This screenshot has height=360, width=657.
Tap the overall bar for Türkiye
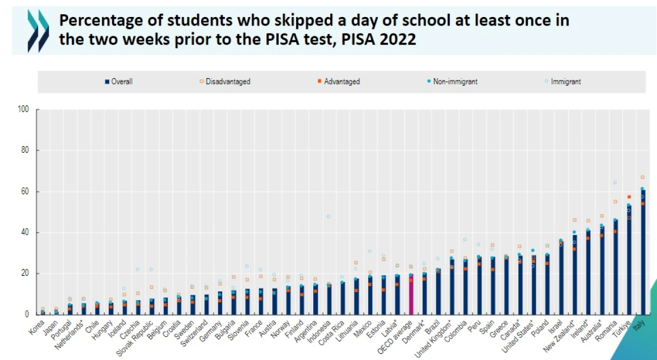(x=629, y=260)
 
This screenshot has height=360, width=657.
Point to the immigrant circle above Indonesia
(x=328, y=216)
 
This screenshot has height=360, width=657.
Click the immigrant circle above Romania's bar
(x=615, y=182)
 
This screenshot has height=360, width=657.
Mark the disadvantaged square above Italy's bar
(x=642, y=177)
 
